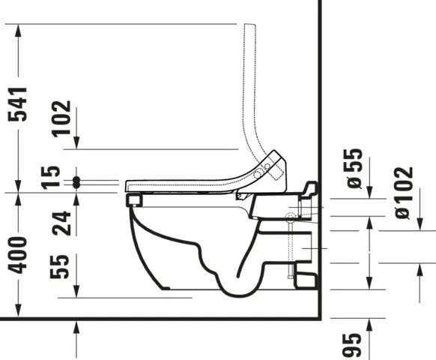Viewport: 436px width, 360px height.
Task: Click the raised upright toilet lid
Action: coord(255,97)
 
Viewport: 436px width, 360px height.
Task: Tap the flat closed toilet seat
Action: coord(180,183)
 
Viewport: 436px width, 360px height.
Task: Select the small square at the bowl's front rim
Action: coord(135,200)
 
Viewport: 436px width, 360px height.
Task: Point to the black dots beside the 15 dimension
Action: coord(76,181)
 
